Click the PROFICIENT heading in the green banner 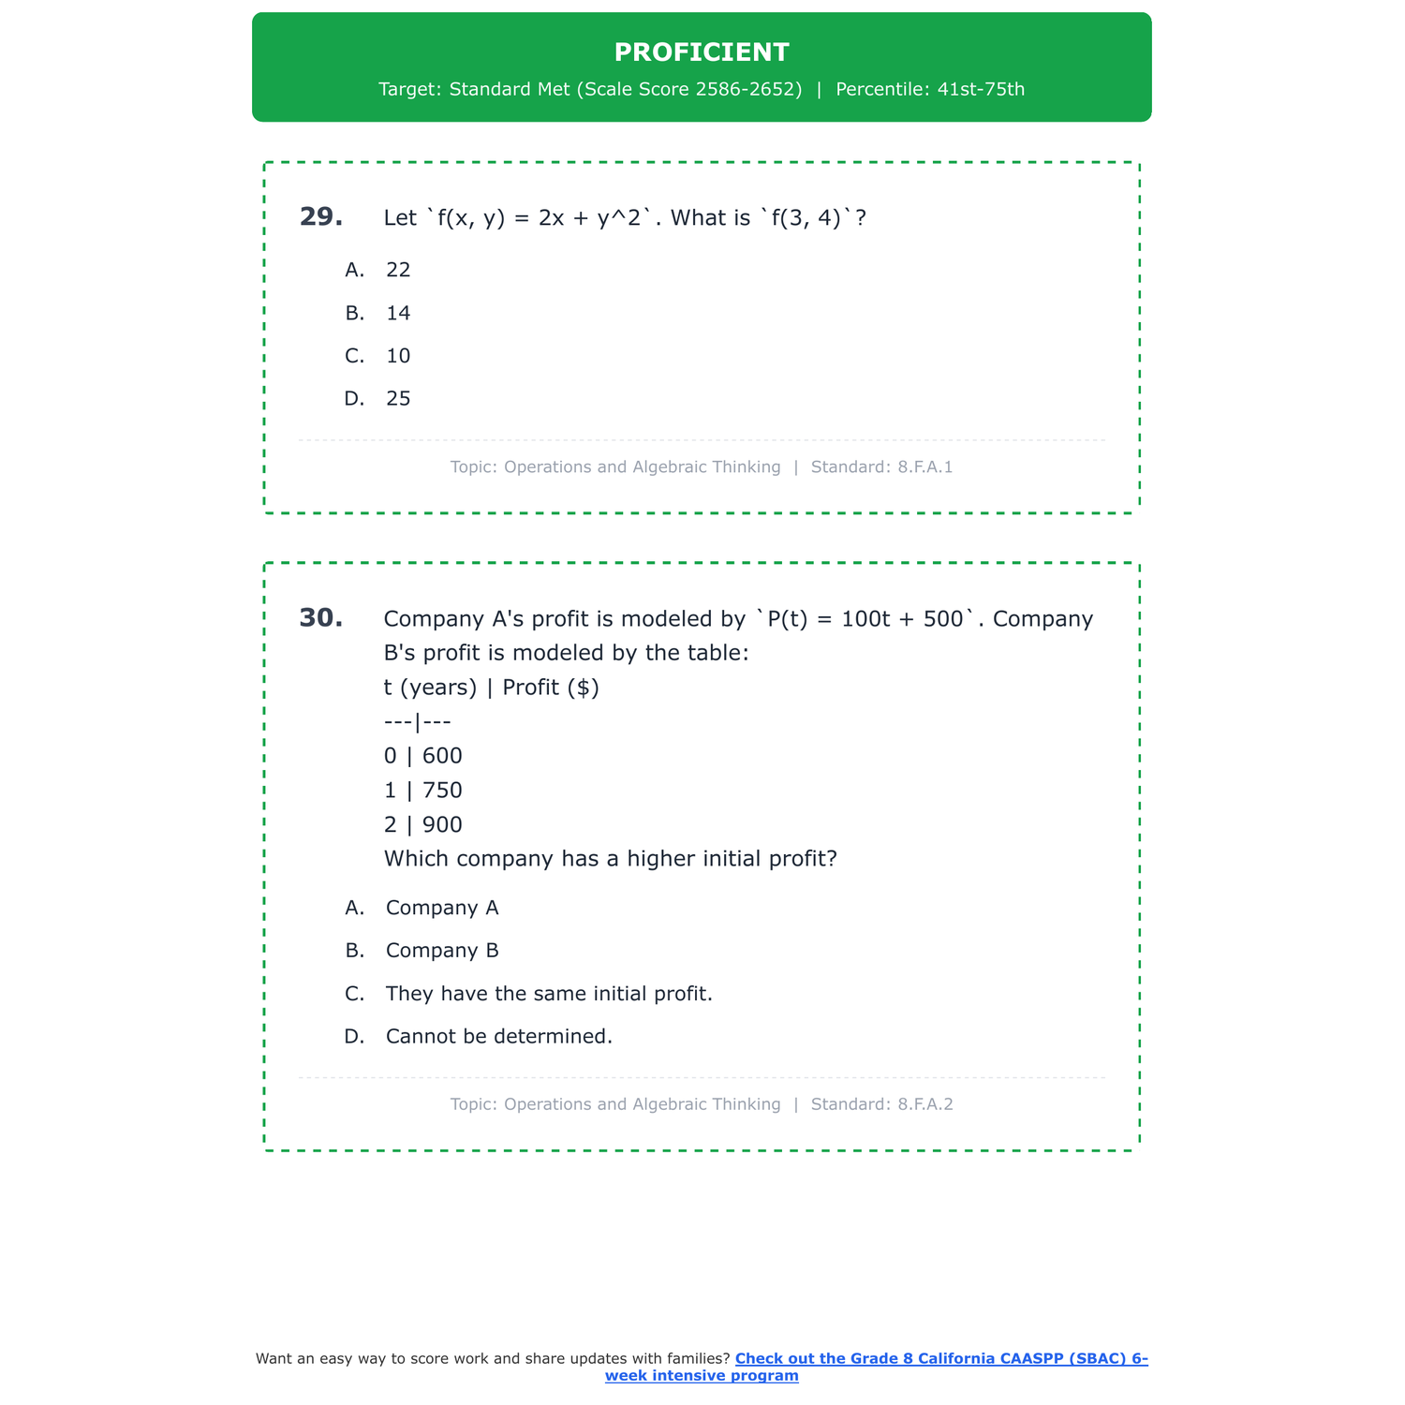coord(702,52)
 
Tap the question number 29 coord(320,217)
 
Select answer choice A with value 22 coord(398,270)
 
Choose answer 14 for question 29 coord(398,313)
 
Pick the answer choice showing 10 coord(398,356)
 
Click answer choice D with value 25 coord(398,399)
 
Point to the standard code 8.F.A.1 coord(924,467)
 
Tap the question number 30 coord(320,618)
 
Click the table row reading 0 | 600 coord(423,756)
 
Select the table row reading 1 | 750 coord(423,791)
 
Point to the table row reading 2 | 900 coord(423,825)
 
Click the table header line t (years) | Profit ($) coord(492,688)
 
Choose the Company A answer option coord(442,908)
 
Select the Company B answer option coord(442,951)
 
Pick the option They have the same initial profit coord(549,994)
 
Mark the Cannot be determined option coord(498,1037)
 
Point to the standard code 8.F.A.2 coord(924,1104)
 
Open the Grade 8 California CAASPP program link coord(940,1359)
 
